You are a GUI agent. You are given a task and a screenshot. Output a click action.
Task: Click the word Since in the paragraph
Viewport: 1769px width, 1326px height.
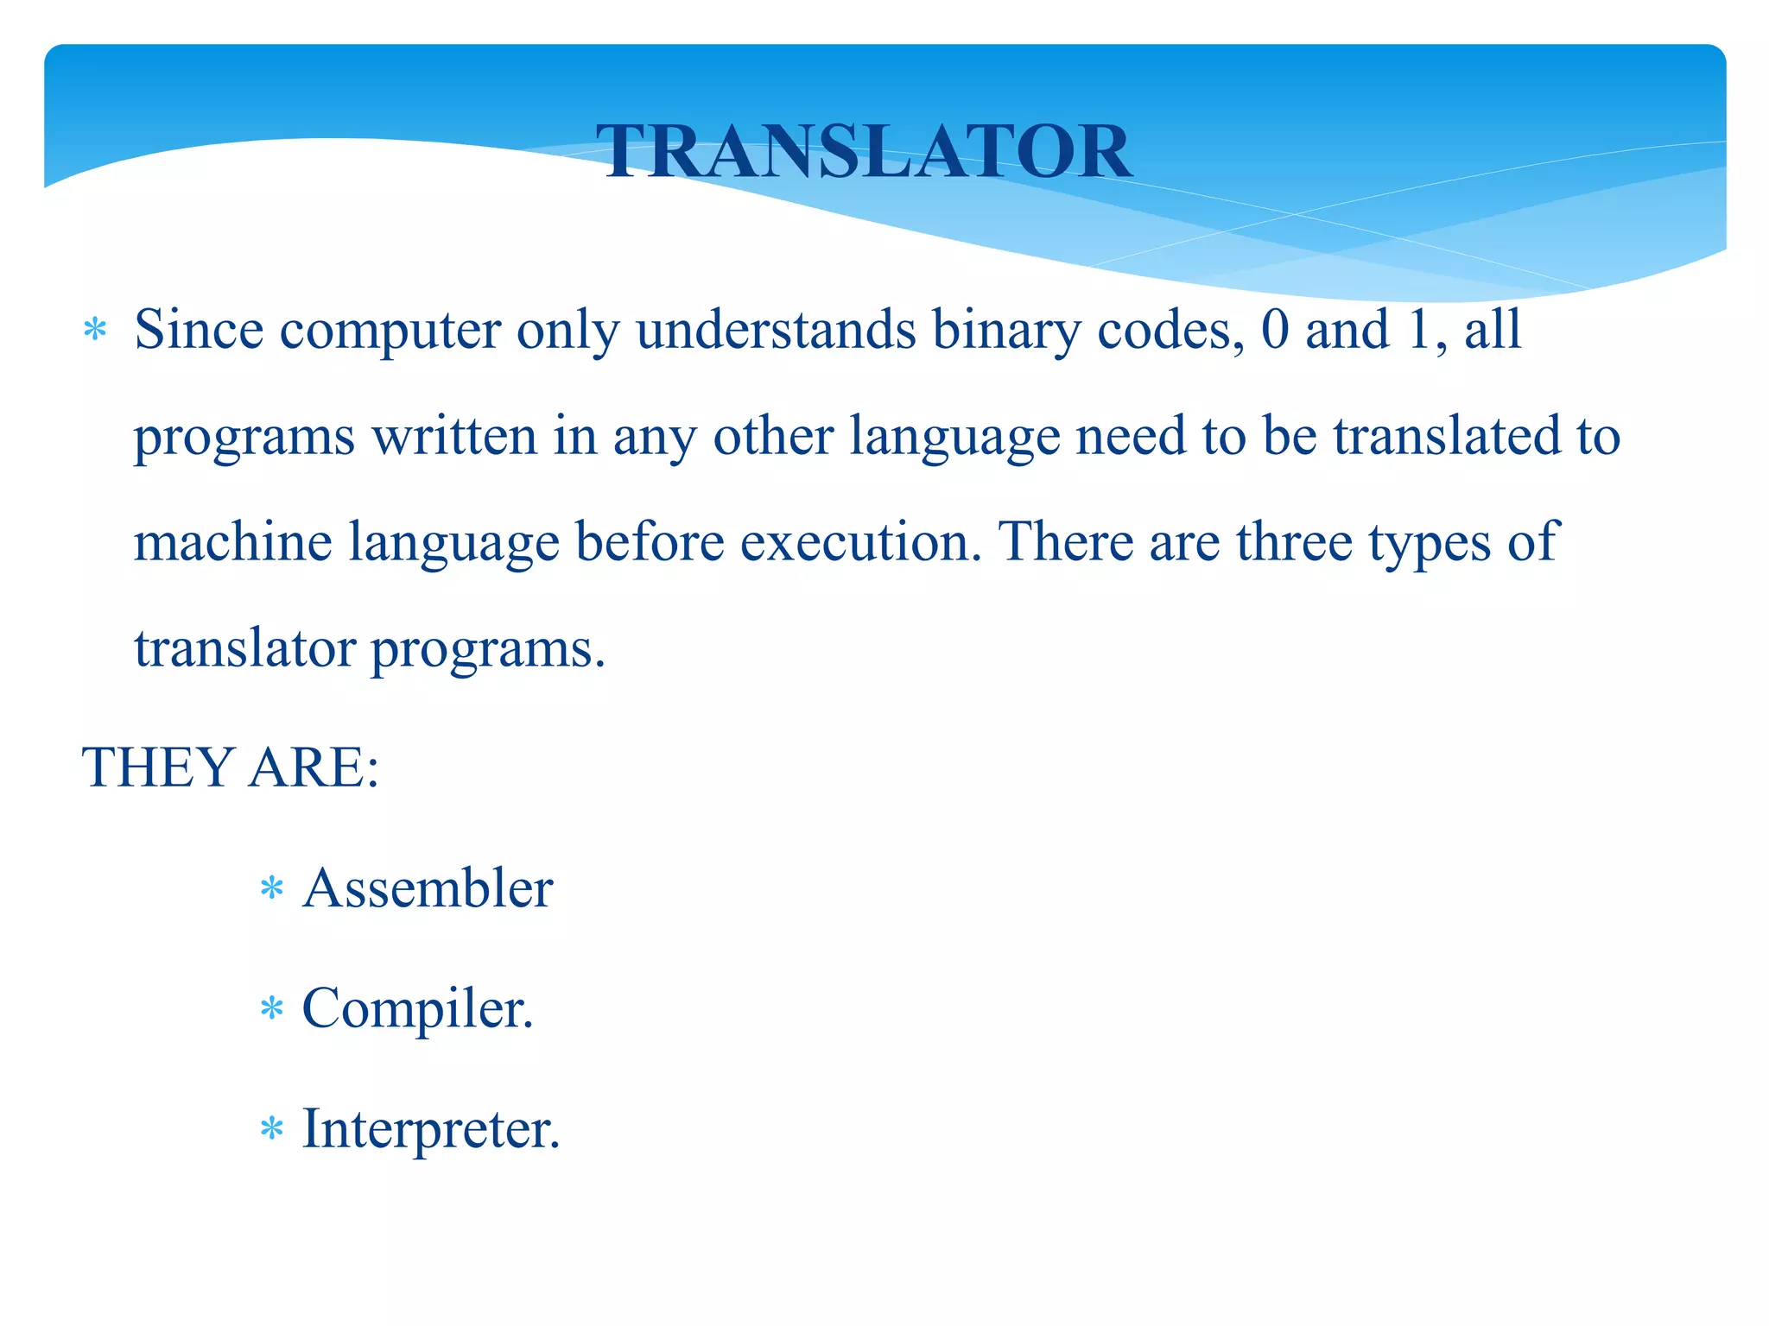(x=198, y=330)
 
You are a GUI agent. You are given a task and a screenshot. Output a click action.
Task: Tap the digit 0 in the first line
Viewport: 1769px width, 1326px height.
(x=1275, y=330)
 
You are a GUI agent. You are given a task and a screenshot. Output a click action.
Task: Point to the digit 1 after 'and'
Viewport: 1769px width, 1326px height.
(x=1419, y=330)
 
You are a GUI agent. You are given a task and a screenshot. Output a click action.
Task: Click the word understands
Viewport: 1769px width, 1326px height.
(x=775, y=330)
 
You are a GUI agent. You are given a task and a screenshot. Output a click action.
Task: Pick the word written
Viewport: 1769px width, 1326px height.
(x=454, y=436)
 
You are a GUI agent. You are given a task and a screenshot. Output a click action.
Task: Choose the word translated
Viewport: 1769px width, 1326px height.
(x=1447, y=436)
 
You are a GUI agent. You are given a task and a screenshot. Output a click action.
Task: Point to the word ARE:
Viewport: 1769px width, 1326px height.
(x=314, y=767)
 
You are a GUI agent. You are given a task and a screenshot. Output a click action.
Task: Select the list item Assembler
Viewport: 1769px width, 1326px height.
(x=427, y=888)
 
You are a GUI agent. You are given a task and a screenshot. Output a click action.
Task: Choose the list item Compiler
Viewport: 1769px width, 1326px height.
(x=417, y=1008)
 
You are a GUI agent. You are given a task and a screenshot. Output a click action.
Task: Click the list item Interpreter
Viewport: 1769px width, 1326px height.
(x=430, y=1128)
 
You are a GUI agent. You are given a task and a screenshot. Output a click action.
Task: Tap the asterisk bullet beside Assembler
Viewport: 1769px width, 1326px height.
(x=271, y=889)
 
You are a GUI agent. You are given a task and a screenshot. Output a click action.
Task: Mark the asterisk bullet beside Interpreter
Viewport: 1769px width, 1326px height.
(x=271, y=1129)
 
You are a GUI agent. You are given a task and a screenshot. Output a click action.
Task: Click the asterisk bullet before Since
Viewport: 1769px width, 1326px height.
(x=94, y=331)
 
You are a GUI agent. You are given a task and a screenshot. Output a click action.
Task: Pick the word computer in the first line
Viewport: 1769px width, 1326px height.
(x=390, y=331)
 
